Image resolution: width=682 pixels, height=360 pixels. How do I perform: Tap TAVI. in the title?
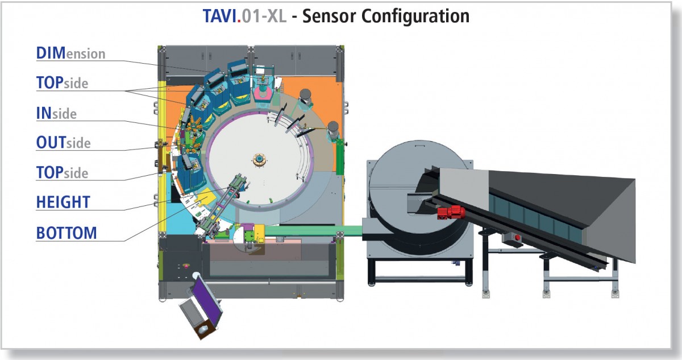point(222,15)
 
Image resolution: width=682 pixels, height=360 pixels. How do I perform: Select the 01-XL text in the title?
point(265,15)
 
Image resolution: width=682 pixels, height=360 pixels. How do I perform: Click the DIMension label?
point(70,53)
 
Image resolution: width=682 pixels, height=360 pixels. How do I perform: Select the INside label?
point(56,113)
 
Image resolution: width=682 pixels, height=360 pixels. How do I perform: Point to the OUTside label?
point(63,142)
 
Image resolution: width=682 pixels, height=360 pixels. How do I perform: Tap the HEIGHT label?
point(63,202)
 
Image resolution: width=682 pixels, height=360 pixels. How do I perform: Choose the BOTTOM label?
point(66,233)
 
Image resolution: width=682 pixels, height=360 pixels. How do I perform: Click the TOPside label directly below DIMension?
point(62,83)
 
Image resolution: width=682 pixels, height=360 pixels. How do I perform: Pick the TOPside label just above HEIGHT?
point(62,172)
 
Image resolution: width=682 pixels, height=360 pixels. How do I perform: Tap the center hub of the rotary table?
point(261,160)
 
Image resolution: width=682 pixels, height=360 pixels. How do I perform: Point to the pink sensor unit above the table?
point(262,90)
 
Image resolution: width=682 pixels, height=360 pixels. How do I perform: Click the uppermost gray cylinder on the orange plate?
point(306,98)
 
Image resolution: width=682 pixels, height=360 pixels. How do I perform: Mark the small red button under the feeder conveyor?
point(517,237)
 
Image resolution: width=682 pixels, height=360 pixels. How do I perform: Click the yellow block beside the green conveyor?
point(260,231)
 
